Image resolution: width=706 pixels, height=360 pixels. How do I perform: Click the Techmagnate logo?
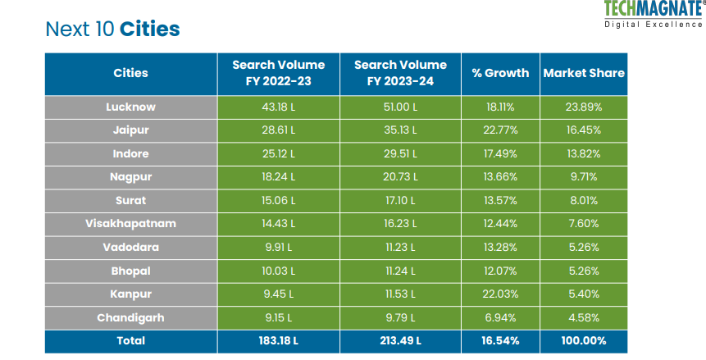coord(653,14)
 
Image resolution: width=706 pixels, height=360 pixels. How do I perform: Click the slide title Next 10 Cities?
coord(113,30)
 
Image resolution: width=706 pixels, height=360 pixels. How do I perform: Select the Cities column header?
coord(130,73)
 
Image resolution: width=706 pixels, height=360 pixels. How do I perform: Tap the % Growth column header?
coord(500,73)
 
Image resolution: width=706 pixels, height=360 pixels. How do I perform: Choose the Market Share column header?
coord(584,73)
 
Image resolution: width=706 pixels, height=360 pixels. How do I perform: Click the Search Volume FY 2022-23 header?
coord(278,73)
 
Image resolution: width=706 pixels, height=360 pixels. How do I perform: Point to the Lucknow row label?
coord(130,107)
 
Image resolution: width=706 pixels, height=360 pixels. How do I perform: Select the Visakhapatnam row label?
coord(130,223)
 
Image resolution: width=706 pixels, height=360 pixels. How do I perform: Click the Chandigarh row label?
coord(130,317)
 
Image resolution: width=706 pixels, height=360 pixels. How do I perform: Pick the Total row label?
coord(130,340)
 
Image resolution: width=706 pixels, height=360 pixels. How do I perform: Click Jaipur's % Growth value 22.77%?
coord(500,130)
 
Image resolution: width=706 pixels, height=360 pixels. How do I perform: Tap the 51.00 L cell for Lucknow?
coord(401,107)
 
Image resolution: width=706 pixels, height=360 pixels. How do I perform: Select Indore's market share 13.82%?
coord(584,153)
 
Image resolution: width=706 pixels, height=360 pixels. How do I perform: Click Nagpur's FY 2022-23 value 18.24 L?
coord(278,177)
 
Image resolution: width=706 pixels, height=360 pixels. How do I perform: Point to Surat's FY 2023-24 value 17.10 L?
coord(401,200)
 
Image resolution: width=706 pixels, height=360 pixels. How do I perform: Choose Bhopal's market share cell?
coord(584,270)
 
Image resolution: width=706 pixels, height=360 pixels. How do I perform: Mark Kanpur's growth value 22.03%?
coord(500,293)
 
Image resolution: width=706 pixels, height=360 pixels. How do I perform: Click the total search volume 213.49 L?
coord(401,340)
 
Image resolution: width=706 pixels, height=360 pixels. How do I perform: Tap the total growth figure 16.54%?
coord(500,340)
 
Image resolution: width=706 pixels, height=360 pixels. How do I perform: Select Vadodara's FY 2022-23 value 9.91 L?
coord(278,247)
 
